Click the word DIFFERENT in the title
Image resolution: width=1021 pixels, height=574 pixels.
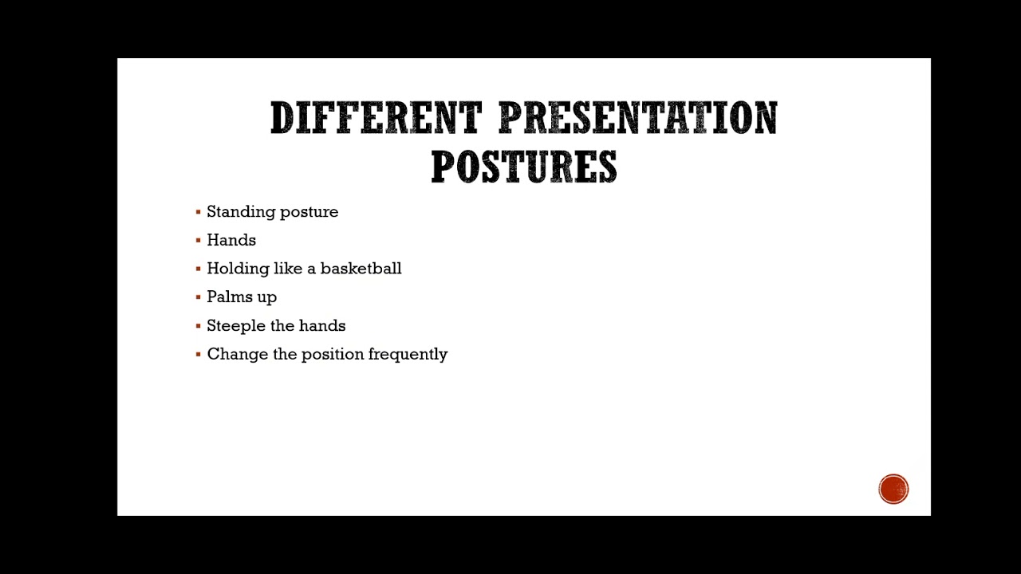376,119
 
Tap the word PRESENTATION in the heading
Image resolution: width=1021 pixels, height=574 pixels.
637,119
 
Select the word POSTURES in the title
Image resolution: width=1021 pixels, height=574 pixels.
523,167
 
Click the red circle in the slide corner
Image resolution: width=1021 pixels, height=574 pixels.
893,489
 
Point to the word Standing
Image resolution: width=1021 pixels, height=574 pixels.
238,212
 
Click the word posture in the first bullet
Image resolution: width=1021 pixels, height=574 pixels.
307,212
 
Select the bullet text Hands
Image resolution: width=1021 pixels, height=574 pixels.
231,240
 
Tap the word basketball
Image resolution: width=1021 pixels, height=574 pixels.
361,269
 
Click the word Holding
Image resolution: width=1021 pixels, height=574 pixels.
237,269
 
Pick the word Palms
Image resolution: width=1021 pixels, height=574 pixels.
229,297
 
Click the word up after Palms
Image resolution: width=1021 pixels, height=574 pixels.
266,298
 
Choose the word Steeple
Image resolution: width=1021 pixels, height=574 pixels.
237,326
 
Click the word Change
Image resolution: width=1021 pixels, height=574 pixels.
237,354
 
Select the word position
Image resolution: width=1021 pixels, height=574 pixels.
332,354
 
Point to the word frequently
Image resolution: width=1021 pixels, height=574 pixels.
408,354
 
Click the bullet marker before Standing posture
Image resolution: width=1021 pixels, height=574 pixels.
198,212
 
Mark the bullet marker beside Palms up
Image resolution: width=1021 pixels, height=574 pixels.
198,297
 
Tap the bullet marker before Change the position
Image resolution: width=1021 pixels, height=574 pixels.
198,354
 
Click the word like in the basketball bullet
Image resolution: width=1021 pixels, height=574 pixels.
287,269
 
